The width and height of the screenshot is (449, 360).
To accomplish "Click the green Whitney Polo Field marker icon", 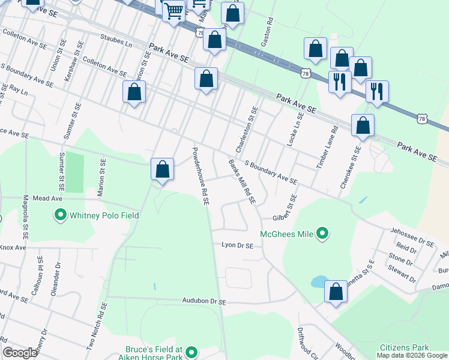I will pos(60,215).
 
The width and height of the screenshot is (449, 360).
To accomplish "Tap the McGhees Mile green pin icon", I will pos(322,233).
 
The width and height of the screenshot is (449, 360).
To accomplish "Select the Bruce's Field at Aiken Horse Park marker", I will pos(191,352).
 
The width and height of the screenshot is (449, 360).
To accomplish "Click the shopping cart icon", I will pos(174,10).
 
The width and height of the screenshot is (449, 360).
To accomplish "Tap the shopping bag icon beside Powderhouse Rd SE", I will pos(162,169).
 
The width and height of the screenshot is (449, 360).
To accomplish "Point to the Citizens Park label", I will pos(404,348).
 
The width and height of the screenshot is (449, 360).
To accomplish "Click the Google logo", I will pos(20,353).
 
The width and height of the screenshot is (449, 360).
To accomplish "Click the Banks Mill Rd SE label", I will pos(242,180).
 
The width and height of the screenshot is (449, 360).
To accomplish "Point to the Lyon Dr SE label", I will pos(237,245).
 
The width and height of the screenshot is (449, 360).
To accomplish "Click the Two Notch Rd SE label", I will pos(96,325).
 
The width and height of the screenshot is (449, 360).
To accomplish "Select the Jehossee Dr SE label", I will pos(411,238).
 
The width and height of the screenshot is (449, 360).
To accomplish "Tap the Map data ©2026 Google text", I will pos(412,355).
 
